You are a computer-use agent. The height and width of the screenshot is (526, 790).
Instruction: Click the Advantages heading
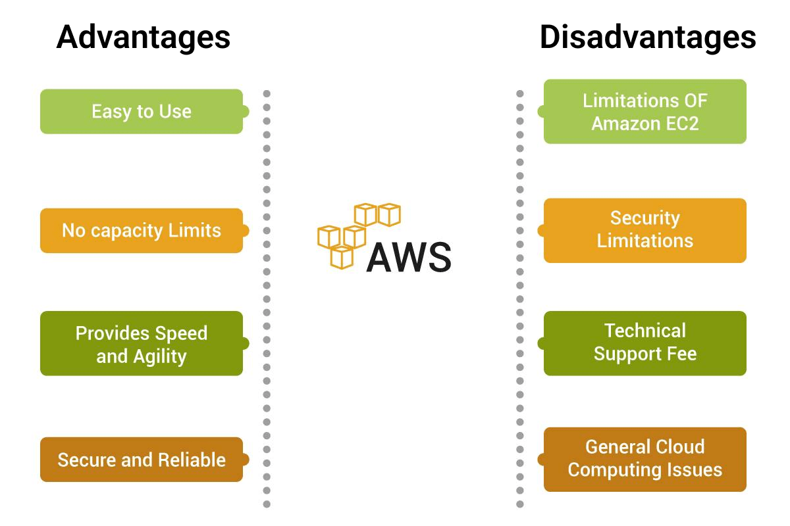[x=144, y=37]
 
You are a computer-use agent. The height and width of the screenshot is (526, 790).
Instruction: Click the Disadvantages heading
[x=647, y=37]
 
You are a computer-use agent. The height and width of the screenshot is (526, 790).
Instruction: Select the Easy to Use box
[x=142, y=111]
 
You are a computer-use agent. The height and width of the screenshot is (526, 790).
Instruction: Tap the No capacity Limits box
[x=142, y=230]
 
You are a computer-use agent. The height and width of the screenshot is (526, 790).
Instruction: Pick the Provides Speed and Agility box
[x=142, y=344]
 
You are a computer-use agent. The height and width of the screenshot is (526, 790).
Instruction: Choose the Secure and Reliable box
[x=142, y=460]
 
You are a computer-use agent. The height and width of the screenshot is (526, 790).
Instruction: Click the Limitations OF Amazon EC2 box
[x=645, y=111]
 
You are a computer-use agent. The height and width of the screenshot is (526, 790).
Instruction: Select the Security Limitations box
[x=645, y=229]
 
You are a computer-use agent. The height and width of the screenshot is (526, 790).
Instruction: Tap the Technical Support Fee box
[x=645, y=343]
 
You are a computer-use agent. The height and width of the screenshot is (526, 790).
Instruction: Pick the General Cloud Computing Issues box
[x=645, y=459]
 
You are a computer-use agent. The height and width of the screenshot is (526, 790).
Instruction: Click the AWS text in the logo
[x=409, y=257]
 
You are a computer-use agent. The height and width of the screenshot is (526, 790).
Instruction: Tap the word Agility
[x=159, y=356]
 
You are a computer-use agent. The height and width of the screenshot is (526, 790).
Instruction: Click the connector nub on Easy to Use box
[x=245, y=112]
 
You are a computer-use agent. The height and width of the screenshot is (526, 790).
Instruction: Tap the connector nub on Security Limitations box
[x=541, y=231]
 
